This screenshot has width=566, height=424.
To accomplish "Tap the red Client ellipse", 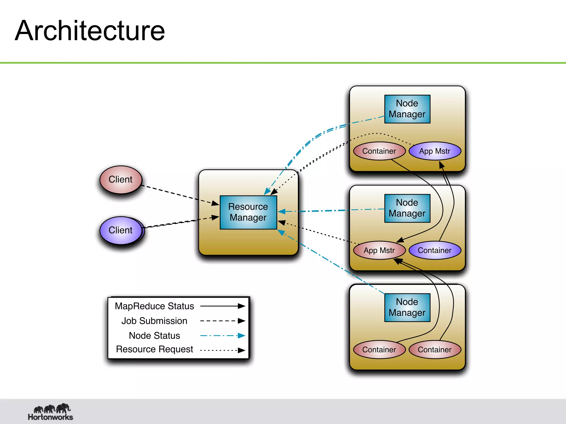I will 121,180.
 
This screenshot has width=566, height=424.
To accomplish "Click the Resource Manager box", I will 248,212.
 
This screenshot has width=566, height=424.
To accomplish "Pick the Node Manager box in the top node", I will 407,109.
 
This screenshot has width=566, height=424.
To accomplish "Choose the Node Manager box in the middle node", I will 407,208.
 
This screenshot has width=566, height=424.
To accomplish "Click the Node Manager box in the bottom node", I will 407,307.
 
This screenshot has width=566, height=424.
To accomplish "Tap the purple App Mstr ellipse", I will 435,151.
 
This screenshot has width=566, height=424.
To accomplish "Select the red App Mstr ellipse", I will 379,250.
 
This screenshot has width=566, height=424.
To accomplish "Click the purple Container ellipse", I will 435,250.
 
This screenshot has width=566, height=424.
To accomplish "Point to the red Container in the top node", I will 379,151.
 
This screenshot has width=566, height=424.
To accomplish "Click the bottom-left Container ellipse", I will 379,349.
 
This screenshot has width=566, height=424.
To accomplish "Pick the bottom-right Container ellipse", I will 435,349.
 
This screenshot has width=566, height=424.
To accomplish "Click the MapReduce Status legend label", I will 154,306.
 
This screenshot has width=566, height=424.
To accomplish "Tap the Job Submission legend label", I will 154,321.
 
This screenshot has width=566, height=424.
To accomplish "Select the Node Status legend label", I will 154,336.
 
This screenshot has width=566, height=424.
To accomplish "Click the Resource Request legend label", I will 154,349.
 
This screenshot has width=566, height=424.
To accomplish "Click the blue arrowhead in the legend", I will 242,336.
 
